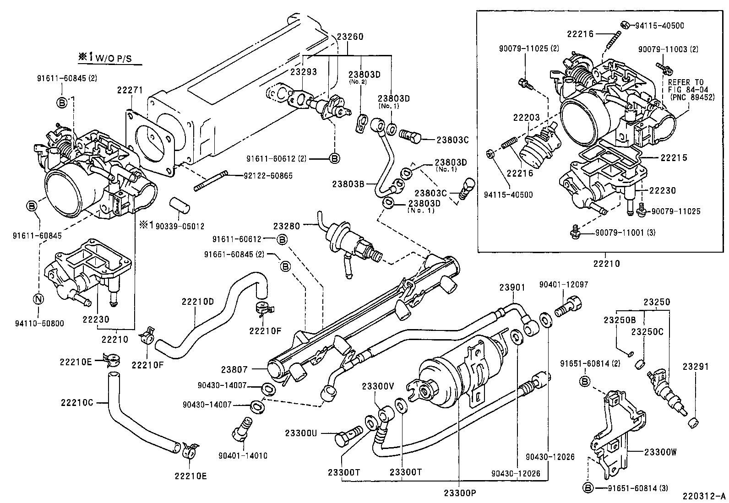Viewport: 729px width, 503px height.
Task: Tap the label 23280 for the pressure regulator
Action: tap(287, 226)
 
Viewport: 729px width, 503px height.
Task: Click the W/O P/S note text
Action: tap(108, 57)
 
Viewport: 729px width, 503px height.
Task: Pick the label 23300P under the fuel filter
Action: tap(459, 493)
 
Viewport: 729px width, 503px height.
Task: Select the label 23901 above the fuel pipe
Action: tap(512, 287)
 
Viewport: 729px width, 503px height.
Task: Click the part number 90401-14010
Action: tap(243, 455)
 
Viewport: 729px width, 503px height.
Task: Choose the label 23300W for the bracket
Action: tap(660, 452)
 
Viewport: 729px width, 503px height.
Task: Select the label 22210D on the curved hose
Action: tap(197, 301)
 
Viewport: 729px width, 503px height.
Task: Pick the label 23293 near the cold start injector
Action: tap(303, 72)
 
